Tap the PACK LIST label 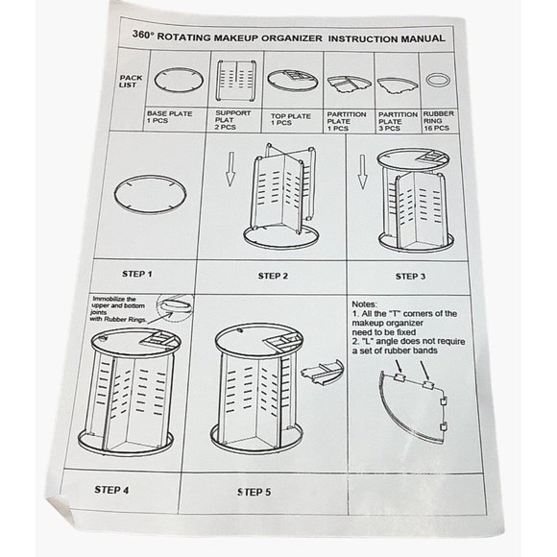point(131,82)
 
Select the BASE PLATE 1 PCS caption point(169,117)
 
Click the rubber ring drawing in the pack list point(438,80)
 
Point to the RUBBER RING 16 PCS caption point(438,121)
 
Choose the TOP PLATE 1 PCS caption point(291,119)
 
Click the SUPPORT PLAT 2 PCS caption point(232,120)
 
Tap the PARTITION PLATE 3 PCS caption point(398,122)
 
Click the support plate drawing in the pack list point(236,81)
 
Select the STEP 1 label point(136,274)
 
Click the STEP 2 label point(273,276)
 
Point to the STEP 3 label point(410,277)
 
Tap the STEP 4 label point(111,490)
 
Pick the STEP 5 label point(254,492)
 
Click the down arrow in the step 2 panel point(230,169)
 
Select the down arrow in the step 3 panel point(362,172)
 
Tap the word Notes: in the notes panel point(365,304)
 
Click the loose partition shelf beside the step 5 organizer point(322,372)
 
